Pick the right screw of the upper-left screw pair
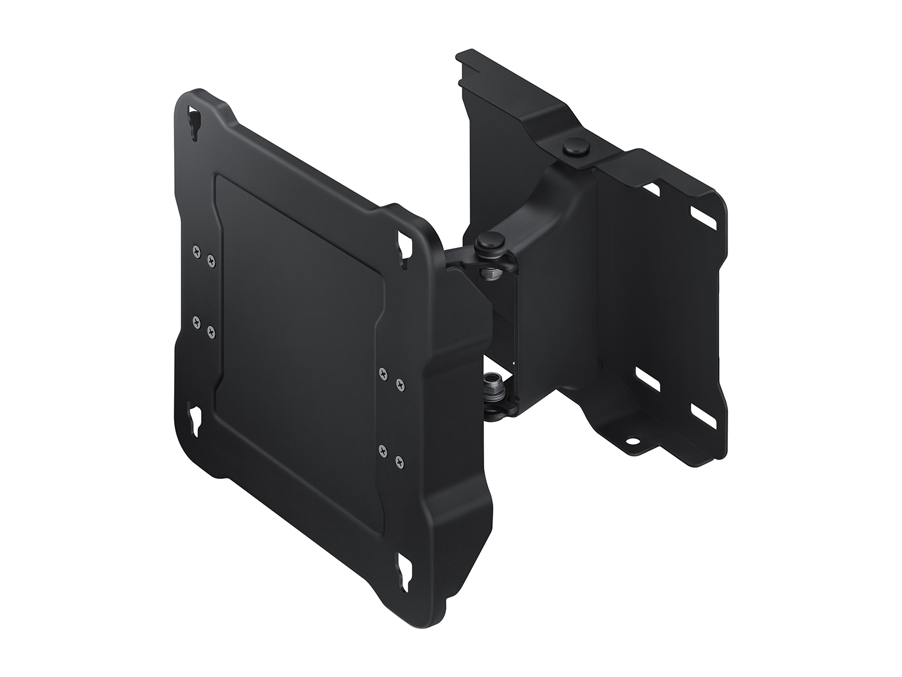pyautogui.click(x=211, y=260)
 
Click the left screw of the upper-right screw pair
pyautogui.click(x=384, y=373)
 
